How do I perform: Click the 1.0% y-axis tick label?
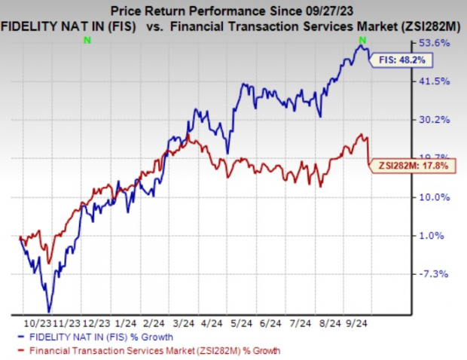click(x=438, y=235)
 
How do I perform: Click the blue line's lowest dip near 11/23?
click(x=50, y=310)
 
